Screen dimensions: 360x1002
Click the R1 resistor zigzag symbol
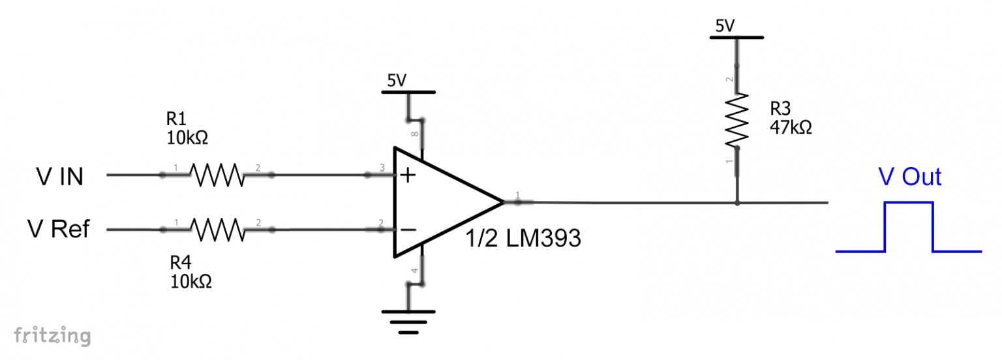[x=216, y=175]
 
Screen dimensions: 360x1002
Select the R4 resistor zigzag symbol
[x=216, y=230]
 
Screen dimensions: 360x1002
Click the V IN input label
[x=59, y=176]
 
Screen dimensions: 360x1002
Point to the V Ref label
[x=58, y=230]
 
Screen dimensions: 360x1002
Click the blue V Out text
[x=909, y=177]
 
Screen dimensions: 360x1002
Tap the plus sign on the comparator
[x=408, y=175]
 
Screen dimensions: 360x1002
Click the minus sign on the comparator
[x=408, y=230]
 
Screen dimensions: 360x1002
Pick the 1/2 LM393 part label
[x=523, y=239]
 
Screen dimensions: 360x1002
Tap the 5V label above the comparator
[x=397, y=81]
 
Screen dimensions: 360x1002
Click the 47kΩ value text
[x=791, y=127]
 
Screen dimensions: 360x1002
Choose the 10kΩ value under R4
[x=191, y=282]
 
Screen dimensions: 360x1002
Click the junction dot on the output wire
[x=737, y=203]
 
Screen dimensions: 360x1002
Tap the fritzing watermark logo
[x=52, y=335]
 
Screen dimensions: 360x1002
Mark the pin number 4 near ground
[x=414, y=271]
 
